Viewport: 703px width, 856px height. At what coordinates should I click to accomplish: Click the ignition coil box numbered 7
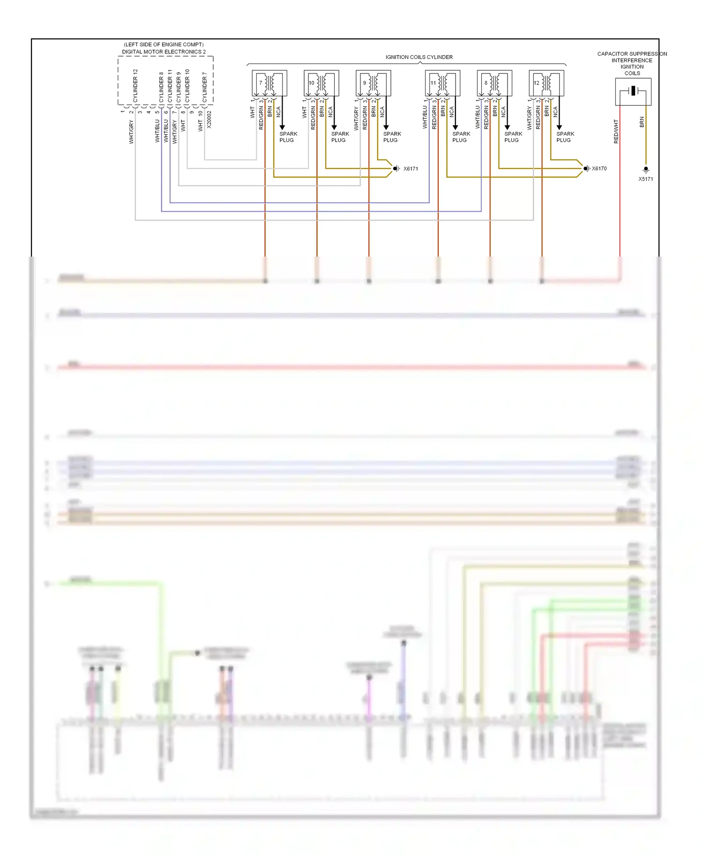269,83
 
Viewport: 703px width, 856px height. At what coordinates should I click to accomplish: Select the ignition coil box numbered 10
321,83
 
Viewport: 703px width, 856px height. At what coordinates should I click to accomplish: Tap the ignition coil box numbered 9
373,83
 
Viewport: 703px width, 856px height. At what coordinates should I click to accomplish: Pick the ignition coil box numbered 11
442,83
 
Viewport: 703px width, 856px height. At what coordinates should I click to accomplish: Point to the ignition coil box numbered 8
494,83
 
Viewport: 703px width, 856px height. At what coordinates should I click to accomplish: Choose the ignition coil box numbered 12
546,83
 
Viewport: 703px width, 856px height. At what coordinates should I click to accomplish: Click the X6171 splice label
411,169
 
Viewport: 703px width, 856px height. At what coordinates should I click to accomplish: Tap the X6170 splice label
599,169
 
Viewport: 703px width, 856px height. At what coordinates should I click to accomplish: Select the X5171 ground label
645,179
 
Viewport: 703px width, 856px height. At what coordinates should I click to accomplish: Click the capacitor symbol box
633,91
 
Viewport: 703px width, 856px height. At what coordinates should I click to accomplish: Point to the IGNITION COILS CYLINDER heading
419,57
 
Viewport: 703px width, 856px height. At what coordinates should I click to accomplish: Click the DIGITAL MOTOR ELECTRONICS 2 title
164,52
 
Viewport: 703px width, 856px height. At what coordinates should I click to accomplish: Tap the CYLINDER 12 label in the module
135,86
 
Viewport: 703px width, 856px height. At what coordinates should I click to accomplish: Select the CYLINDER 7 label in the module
204,87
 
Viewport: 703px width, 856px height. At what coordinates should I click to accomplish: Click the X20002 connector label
209,119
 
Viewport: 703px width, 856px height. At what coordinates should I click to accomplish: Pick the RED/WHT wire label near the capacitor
616,131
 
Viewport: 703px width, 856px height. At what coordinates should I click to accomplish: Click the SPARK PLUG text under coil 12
565,137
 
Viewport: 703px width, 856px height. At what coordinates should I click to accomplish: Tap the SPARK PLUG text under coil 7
288,137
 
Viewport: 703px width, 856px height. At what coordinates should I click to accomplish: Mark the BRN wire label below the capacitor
642,122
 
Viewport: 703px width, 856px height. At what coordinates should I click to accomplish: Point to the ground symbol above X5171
646,170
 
